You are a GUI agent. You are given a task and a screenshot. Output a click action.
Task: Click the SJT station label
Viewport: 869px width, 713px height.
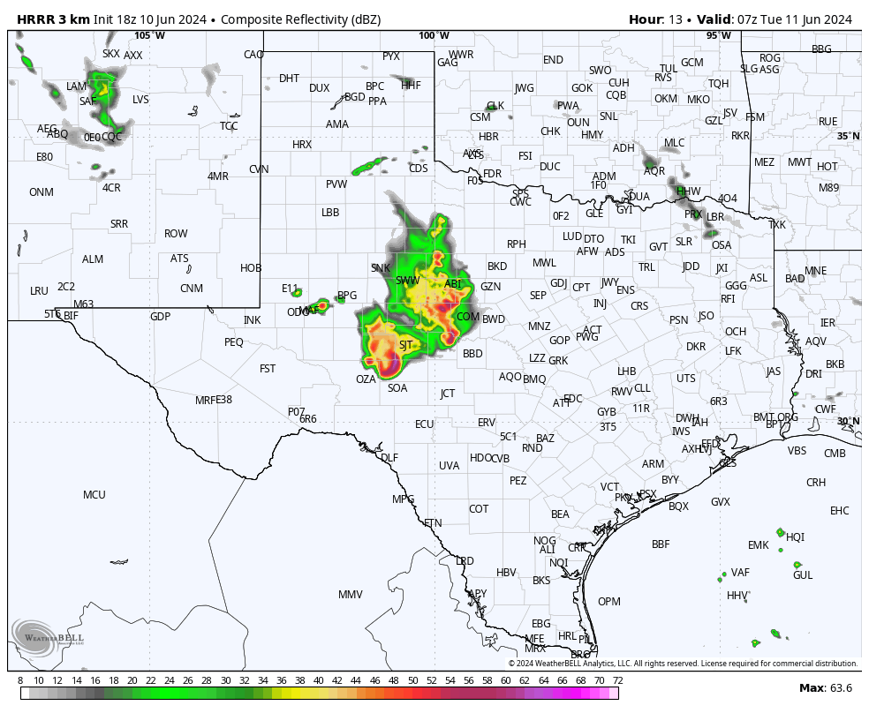pos(406,345)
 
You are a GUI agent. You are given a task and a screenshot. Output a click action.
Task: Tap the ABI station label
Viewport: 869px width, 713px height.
pos(453,283)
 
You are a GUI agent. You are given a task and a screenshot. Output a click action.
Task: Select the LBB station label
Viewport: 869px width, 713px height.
pos(330,213)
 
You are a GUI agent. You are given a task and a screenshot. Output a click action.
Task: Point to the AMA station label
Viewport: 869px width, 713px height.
pos(337,124)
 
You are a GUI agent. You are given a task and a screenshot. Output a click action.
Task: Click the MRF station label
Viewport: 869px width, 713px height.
pos(205,401)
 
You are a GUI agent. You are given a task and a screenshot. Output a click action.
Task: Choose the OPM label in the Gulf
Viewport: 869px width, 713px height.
pos(609,602)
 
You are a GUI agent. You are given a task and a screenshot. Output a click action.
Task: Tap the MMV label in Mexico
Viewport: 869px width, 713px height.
pos(351,595)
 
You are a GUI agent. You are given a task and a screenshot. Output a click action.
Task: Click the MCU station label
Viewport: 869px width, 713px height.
pos(94,495)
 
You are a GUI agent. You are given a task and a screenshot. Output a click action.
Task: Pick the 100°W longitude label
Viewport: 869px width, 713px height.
pos(434,36)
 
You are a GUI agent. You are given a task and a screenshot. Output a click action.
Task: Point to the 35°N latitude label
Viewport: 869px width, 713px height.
pos(848,136)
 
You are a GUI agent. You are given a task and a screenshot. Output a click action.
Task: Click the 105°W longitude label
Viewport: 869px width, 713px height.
pos(149,36)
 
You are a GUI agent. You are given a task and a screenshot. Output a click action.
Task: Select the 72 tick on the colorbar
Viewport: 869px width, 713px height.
pos(618,680)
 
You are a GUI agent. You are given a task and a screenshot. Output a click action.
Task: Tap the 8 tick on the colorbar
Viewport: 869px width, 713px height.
pos(20,680)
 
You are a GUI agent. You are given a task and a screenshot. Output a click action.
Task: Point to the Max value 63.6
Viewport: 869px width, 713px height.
pos(839,687)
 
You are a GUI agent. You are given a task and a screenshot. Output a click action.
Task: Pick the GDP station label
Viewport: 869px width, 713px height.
pos(160,317)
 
